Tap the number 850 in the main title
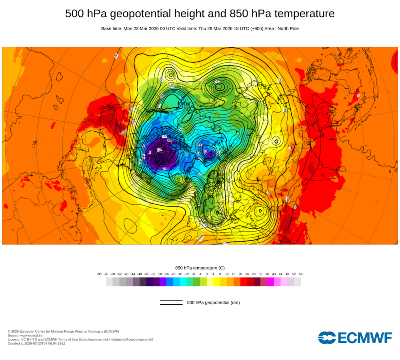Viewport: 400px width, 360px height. pos(239,14)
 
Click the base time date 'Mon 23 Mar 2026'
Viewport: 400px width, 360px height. pos(142,28)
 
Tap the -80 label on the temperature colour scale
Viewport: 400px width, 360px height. pos(99,274)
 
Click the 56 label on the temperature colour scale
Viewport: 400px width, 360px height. pos(300,274)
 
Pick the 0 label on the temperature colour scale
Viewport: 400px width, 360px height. pos(206,274)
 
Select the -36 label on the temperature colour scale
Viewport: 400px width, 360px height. pos(146,274)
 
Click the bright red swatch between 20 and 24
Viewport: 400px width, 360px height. pos(244,282)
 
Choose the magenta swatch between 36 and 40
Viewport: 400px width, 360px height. pos(270,282)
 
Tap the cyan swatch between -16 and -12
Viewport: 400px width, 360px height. pos(183,282)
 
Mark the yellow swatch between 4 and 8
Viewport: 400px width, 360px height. pos(217,282)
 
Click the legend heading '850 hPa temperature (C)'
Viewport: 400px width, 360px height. pos(200,268)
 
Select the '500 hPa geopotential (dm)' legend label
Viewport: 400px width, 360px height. pos(213,302)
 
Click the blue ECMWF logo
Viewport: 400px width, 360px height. pos(355,338)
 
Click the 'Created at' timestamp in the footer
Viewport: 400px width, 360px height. pos(36,343)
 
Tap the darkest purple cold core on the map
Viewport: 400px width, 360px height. pos(160,154)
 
